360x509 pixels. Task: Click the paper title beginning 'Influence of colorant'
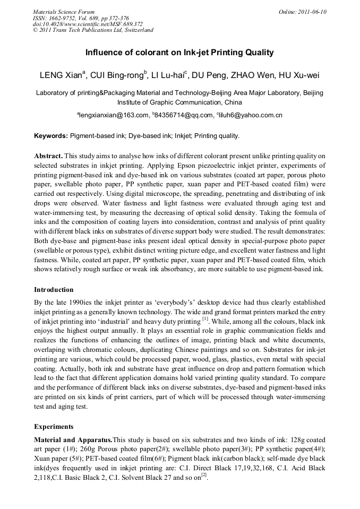pyautogui.click(x=179, y=53)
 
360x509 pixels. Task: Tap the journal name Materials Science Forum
pyautogui.click(x=64, y=12)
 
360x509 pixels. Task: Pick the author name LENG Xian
pyautogui.click(x=61, y=75)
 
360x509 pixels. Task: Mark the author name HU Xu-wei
pyautogui.click(x=299, y=75)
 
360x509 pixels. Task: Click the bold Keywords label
pyautogui.click(x=51, y=136)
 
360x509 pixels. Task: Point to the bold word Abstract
pyautogui.click(x=49, y=156)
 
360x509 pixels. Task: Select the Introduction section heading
pyautogui.click(x=54, y=290)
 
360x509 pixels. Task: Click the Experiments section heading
pyautogui.click(x=54, y=426)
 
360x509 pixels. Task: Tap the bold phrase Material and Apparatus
pyautogui.click(x=73, y=440)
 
